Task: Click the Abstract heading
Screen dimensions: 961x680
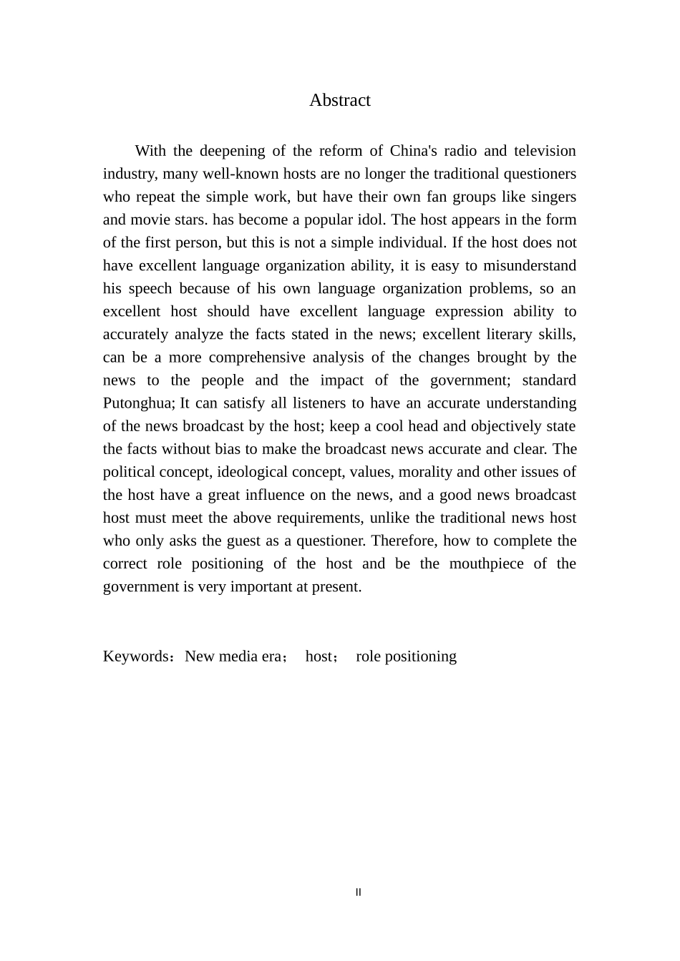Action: [x=339, y=100]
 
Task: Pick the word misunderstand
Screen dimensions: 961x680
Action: [x=530, y=265]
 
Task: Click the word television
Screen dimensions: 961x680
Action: [x=540, y=151]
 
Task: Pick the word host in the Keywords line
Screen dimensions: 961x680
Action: [x=319, y=656]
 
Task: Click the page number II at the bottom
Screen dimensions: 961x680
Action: [x=359, y=892]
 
